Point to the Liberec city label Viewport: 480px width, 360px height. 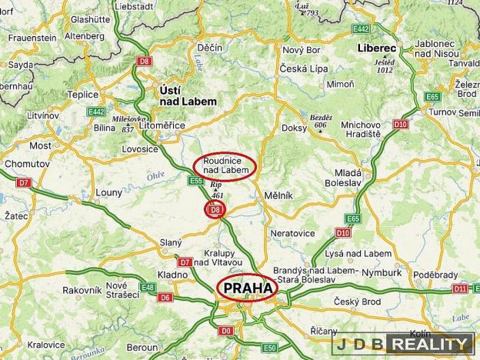coord(376,48)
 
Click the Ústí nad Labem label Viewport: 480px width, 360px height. coord(186,95)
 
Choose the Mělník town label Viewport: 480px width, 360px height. coord(278,195)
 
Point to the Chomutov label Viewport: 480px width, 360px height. coord(27,164)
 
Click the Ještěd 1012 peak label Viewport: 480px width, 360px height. coord(385,65)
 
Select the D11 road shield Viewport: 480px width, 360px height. coord(460,288)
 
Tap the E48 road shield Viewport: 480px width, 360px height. coord(148,287)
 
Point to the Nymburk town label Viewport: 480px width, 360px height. coord(382,272)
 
